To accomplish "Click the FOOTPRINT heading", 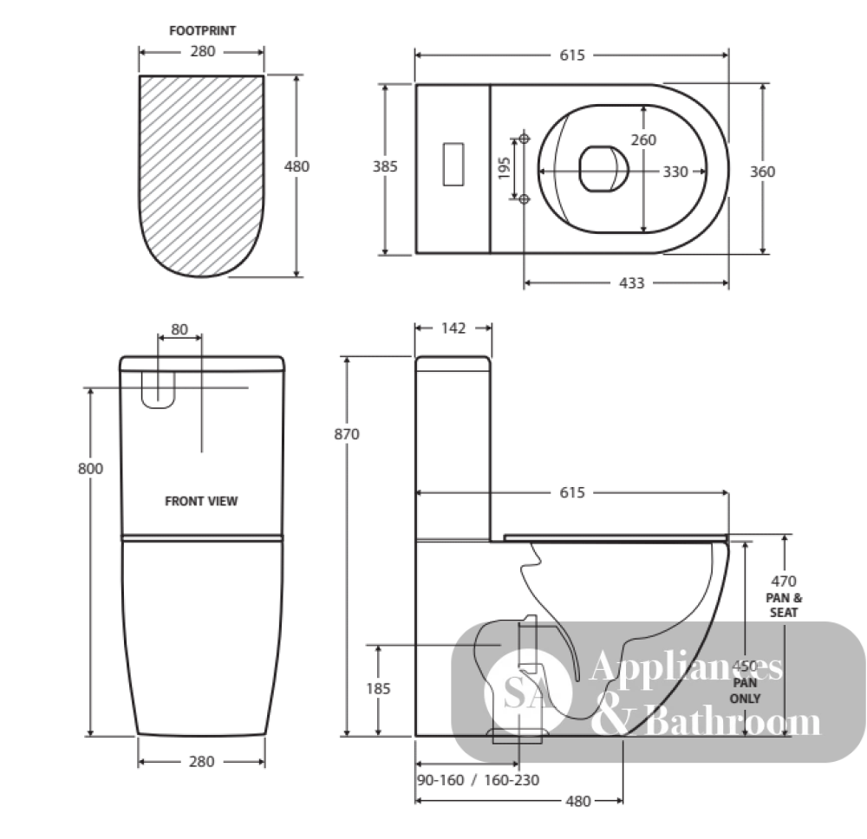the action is [x=202, y=31].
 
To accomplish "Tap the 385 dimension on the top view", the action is [x=385, y=166].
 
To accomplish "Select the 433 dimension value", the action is [x=631, y=283].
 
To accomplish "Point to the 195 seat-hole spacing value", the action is [x=504, y=168].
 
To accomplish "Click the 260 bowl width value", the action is [x=643, y=140].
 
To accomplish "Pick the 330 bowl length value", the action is [x=675, y=172].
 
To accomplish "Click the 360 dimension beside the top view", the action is [x=762, y=172].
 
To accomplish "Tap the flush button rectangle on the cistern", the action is [x=453, y=165].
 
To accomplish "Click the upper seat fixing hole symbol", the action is [x=525, y=138].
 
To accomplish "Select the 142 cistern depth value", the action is [x=453, y=328].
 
